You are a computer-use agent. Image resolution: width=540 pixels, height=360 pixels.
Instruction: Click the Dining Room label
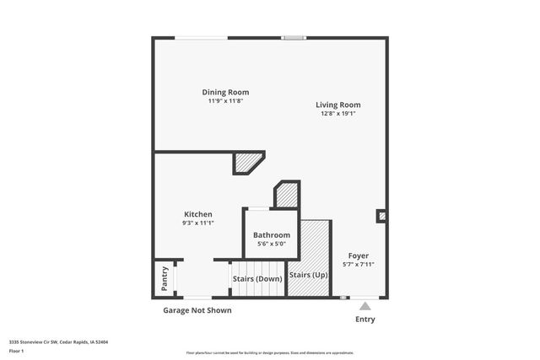(225, 92)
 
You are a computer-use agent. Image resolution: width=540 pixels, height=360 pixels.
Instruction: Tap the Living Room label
(338, 105)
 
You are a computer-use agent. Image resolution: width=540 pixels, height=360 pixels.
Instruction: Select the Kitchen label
(198, 214)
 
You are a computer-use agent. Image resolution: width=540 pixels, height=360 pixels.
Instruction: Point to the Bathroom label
(272, 235)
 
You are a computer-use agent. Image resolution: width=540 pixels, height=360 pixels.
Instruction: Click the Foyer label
(359, 255)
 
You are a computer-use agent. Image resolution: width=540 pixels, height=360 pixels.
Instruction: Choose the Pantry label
(165, 280)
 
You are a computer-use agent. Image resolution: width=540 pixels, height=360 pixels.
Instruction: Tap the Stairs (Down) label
(257, 278)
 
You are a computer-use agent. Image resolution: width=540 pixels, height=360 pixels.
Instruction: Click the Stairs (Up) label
(309, 275)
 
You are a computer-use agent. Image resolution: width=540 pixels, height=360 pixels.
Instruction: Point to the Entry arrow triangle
(365, 306)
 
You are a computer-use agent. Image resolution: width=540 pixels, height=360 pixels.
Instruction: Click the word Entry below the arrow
(365, 320)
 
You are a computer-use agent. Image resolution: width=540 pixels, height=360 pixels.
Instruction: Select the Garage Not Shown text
(197, 310)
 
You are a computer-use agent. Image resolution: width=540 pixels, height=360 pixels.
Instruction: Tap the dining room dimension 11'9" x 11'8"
(225, 101)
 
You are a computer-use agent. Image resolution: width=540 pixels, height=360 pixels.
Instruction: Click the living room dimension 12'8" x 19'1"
(338, 114)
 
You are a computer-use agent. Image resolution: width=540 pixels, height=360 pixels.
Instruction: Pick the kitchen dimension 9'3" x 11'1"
(198, 223)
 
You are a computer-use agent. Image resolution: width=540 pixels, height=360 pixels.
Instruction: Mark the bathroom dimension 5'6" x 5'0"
(272, 244)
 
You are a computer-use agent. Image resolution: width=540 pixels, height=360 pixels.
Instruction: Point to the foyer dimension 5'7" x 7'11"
(359, 264)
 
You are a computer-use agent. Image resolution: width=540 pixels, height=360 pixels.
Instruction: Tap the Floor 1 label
(17, 351)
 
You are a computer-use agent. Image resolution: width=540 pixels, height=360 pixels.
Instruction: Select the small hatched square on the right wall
(382, 216)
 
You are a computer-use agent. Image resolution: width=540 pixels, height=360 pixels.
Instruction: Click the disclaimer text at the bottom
(270, 352)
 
